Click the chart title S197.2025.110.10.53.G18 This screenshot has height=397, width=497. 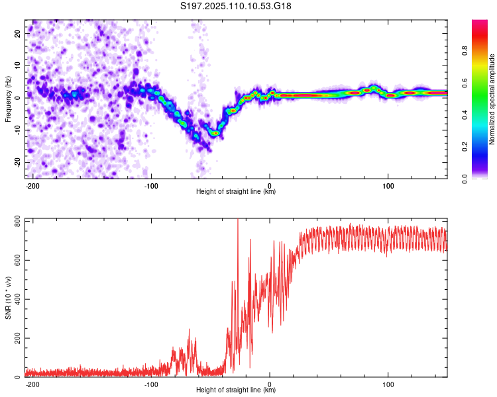pyautogui.click(x=235, y=6)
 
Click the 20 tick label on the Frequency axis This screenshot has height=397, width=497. pyautogui.click(x=18, y=34)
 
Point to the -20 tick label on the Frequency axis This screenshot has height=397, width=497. pyautogui.click(x=18, y=162)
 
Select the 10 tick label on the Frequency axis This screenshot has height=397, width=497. pyautogui.click(x=18, y=66)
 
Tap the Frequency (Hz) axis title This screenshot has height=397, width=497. pyautogui.click(x=8, y=99)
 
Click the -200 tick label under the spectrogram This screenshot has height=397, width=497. pyautogui.click(x=32, y=186)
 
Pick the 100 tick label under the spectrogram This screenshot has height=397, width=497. pyautogui.click(x=388, y=186)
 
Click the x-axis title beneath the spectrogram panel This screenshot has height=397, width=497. pyautogui.click(x=236, y=191)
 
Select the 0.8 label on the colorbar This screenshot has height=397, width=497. pyautogui.click(x=465, y=51)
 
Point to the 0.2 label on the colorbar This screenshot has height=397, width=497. pyautogui.click(x=465, y=147)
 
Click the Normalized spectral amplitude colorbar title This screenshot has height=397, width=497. pyautogui.click(x=492, y=99)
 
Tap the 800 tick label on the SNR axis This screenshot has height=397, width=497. pyautogui.click(x=18, y=221)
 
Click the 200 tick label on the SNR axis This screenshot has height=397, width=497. pyautogui.click(x=18, y=338)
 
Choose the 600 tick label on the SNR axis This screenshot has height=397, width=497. pyautogui.click(x=18, y=260)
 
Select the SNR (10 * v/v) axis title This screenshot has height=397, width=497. pyautogui.click(x=8, y=298)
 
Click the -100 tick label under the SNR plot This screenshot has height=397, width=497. pyautogui.click(x=151, y=384)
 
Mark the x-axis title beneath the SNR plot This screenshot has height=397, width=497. pyautogui.click(x=236, y=390)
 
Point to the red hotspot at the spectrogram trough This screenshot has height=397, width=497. pyautogui.click(x=216, y=133)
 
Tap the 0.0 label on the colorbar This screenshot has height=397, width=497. pyautogui.click(x=465, y=179)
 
